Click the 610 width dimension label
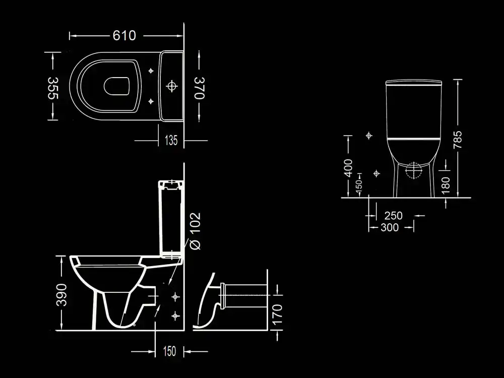pos(124,36)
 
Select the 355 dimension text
pos(53,88)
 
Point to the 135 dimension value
pos(171,141)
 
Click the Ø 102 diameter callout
pos(196,230)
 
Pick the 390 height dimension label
pos(61,294)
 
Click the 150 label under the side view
pos(170,351)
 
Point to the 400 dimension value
pos(348,168)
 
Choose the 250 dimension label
pos(393,216)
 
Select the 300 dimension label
pos(390,228)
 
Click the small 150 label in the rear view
pos(359,185)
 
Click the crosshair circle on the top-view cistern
pos(172,86)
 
